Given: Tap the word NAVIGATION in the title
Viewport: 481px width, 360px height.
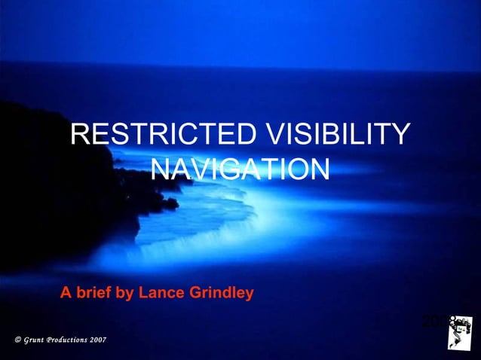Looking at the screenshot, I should coord(240,169).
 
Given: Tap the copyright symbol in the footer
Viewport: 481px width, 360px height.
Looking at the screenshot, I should coord(17,341).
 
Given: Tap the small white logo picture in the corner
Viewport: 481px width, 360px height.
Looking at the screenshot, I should coord(459,334).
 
